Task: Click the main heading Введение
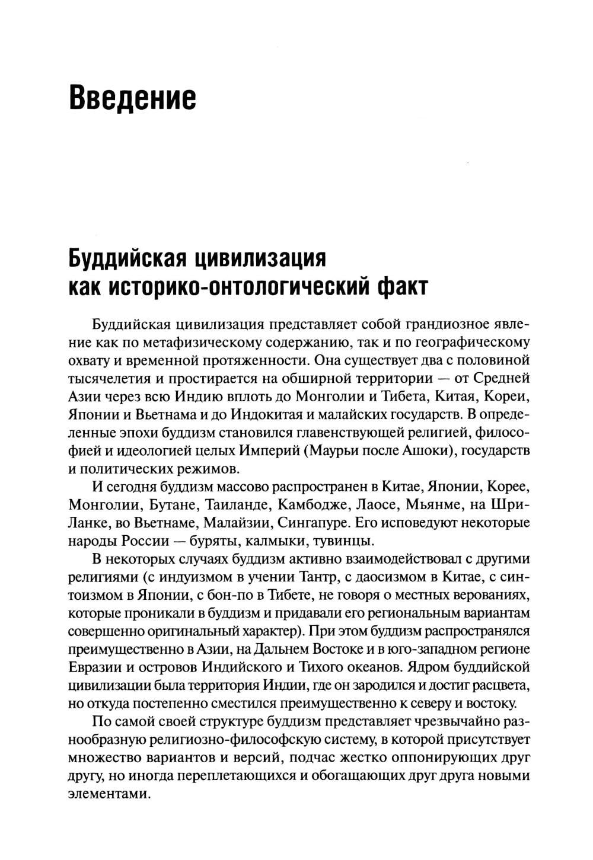point(132,97)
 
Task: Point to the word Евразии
point(95,667)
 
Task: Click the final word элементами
point(107,794)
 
